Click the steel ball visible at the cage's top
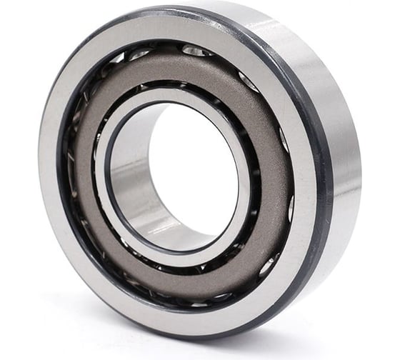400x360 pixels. (194, 50)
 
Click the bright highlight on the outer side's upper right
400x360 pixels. (314, 43)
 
